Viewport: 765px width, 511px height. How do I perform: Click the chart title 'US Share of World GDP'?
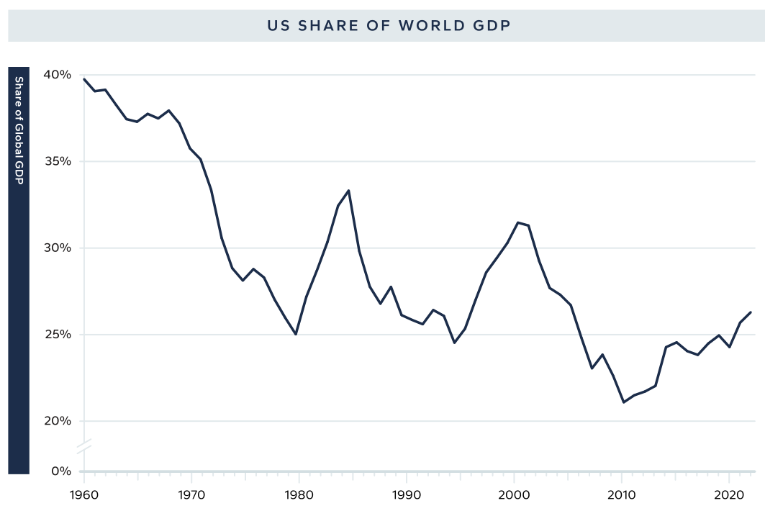click(x=389, y=26)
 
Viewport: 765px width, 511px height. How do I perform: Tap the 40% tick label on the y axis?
click(x=58, y=75)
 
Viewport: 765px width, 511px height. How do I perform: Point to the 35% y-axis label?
click(x=58, y=161)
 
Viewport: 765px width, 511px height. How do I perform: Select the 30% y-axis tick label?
click(x=58, y=248)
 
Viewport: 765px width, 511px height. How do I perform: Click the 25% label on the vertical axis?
click(x=58, y=335)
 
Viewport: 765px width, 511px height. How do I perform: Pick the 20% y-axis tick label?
click(x=58, y=421)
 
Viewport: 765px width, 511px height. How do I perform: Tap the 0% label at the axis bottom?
click(x=61, y=471)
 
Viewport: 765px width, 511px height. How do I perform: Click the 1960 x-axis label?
click(x=84, y=496)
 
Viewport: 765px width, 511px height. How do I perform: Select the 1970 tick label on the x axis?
click(x=191, y=496)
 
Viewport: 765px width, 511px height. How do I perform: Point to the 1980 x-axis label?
click(x=299, y=496)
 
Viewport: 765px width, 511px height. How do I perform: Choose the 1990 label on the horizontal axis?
click(x=407, y=496)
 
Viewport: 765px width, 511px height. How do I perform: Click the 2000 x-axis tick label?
click(x=514, y=496)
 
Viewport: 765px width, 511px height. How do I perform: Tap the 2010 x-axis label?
click(x=622, y=496)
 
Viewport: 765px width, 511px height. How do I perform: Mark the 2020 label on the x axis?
click(x=729, y=496)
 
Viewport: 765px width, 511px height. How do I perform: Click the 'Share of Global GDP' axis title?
click(x=19, y=130)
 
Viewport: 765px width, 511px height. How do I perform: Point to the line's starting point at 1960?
click(x=84, y=79)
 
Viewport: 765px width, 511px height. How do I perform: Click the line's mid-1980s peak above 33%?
click(x=349, y=190)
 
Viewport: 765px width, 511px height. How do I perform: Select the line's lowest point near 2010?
click(x=623, y=402)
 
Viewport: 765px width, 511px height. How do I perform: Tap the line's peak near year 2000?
click(x=518, y=222)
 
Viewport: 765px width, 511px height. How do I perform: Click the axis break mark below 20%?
click(x=84, y=446)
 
